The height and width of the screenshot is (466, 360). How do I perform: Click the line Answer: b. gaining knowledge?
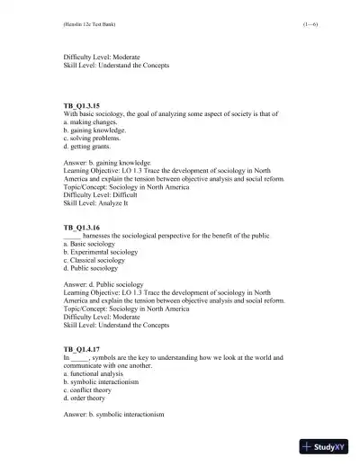click(x=112, y=164)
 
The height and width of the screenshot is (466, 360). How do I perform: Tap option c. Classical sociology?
click(x=100, y=268)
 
